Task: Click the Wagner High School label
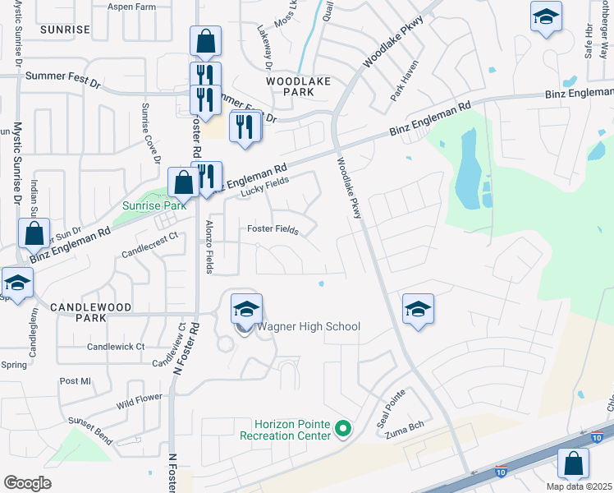(x=309, y=327)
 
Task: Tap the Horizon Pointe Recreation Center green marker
(x=344, y=429)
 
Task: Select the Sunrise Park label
(x=149, y=205)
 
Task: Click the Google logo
(x=27, y=483)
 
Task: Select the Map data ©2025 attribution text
(x=580, y=486)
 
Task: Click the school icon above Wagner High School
(x=245, y=310)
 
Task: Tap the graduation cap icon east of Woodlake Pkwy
(x=418, y=310)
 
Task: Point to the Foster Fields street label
(x=272, y=229)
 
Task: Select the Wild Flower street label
(x=140, y=402)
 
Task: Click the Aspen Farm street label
(x=132, y=6)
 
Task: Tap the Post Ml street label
(x=75, y=381)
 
